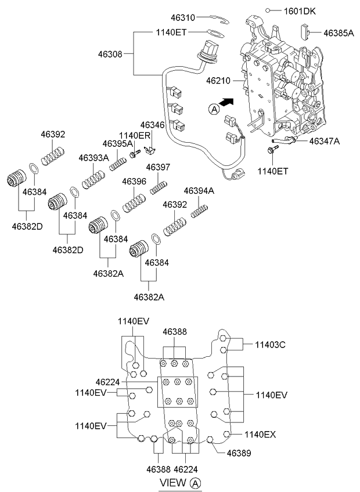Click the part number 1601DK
[x=300, y=11]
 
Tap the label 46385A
[x=339, y=33]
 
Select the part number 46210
[x=218, y=81]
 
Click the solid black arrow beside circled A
[x=226, y=102]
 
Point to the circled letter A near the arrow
[x=214, y=109]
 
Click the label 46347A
[x=325, y=141]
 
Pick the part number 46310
[x=183, y=17]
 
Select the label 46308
[x=110, y=54]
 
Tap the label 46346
[x=152, y=125]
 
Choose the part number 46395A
[x=117, y=144]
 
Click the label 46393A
[x=93, y=158]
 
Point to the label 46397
[x=158, y=167]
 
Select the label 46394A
[x=199, y=190]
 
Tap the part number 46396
[x=134, y=182]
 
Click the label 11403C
[x=270, y=345]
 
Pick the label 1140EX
[x=260, y=434]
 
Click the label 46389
[x=239, y=453]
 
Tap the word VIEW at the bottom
[x=173, y=482]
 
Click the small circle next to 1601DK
[x=268, y=10]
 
